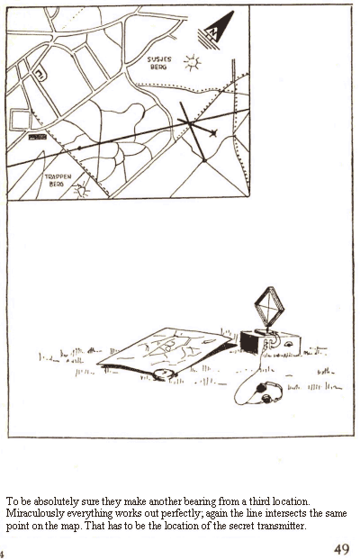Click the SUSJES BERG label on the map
[159, 63]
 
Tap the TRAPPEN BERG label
[58, 180]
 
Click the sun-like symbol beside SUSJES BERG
[193, 63]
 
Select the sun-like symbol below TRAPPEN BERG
[82, 190]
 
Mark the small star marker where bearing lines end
[213, 133]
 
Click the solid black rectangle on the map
[38, 137]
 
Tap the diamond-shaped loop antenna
[269, 307]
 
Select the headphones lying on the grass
[268, 392]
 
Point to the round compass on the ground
[165, 374]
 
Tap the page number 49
[341, 549]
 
